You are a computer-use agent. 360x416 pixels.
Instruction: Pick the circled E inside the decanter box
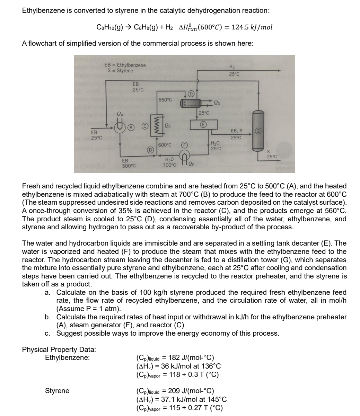point(204,125)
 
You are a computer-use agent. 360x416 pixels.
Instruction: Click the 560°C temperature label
point(165,100)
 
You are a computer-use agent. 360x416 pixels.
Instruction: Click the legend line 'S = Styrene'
point(120,71)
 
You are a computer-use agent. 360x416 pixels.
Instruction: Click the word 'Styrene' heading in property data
point(57,391)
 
